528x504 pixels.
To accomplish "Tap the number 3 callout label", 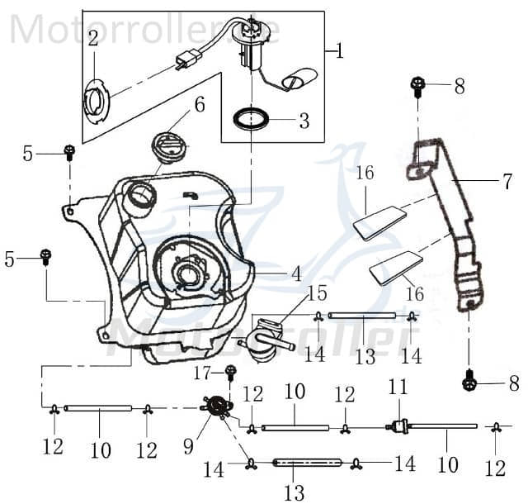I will (x=304, y=121).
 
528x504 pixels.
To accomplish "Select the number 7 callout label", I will (x=507, y=183).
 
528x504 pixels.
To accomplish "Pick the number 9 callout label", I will (x=189, y=446).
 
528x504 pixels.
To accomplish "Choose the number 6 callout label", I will (x=198, y=105).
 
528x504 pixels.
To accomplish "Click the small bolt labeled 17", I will (x=231, y=373).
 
